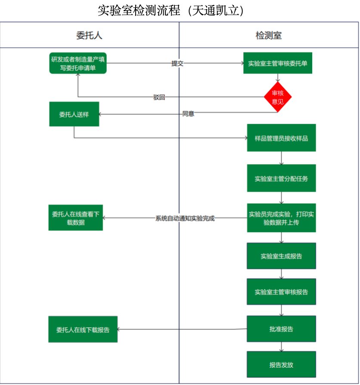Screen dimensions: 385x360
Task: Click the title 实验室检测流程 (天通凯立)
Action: point(171,10)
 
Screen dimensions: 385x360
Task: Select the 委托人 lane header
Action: point(89,35)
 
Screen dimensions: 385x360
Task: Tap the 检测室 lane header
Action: point(269,35)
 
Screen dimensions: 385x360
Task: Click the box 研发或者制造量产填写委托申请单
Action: point(78,63)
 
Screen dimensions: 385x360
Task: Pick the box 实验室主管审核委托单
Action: point(277,63)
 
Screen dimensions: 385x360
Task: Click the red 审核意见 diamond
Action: point(278,97)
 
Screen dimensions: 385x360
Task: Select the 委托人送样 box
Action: point(74,114)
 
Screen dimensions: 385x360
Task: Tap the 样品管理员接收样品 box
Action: point(281,138)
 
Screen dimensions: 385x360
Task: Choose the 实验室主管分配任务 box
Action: point(281,178)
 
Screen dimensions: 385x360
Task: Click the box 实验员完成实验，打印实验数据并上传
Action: point(281,218)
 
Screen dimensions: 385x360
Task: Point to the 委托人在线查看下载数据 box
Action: point(75,218)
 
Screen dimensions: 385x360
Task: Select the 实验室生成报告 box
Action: point(281,256)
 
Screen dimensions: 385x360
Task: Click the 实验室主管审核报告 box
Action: point(281,292)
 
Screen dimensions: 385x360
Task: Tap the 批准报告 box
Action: point(281,329)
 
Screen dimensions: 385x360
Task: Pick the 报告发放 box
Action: point(281,365)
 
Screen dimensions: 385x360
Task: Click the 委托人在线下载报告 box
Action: point(83,329)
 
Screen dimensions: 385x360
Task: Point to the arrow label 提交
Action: point(177,63)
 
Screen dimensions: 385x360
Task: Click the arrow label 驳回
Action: point(159,97)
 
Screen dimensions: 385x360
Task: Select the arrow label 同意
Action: point(188,114)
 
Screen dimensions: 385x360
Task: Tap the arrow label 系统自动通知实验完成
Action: point(185,218)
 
